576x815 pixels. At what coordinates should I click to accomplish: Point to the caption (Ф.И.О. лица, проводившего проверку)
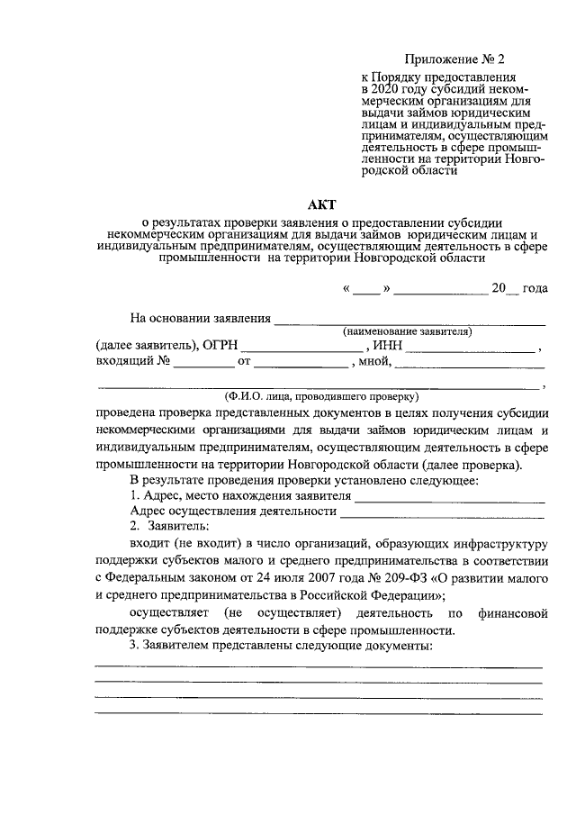(x=321, y=396)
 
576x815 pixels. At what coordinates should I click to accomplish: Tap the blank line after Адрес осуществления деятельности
(x=443, y=515)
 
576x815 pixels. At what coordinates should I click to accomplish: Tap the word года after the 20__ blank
(x=534, y=289)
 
